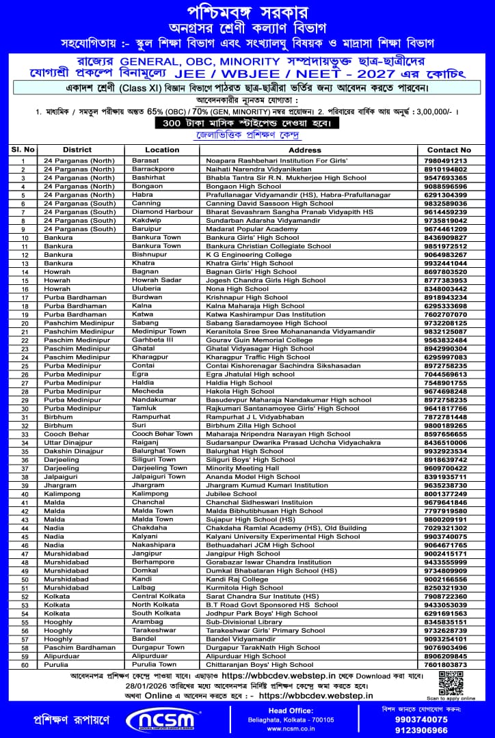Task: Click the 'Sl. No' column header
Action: coord(23,150)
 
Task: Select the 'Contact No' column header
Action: coord(449,150)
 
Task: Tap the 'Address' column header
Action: coord(304,150)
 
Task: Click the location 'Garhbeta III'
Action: coord(152,340)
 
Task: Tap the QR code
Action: coord(451,684)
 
